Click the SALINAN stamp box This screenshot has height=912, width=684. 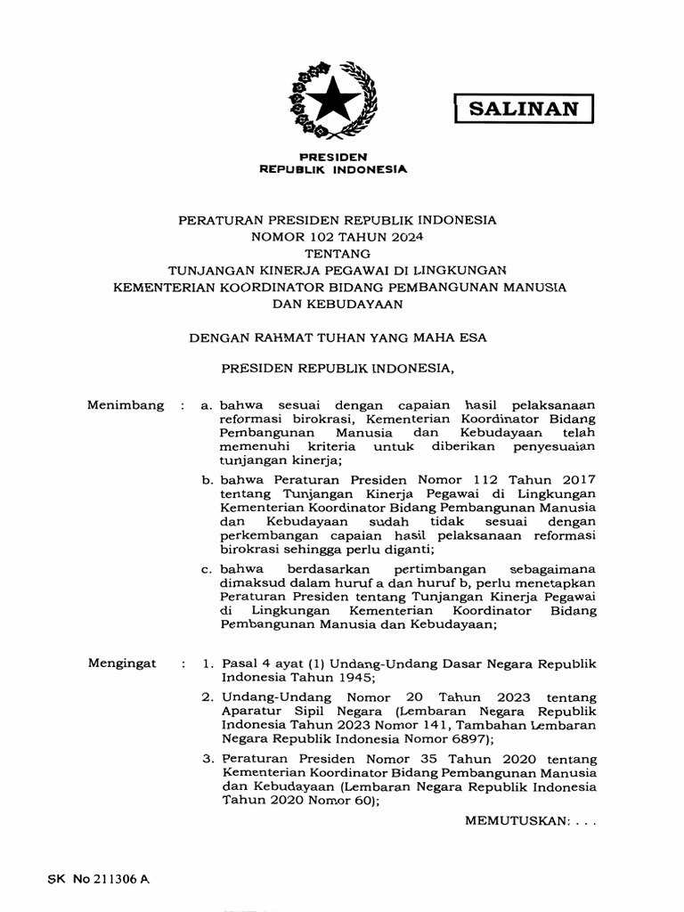(524, 109)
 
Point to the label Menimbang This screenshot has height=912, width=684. (126, 405)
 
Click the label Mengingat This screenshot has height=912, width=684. (124, 664)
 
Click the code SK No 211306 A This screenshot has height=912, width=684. (99, 878)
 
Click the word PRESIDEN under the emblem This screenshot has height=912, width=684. (333, 156)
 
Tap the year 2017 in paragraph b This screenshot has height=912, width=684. (576, 480)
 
